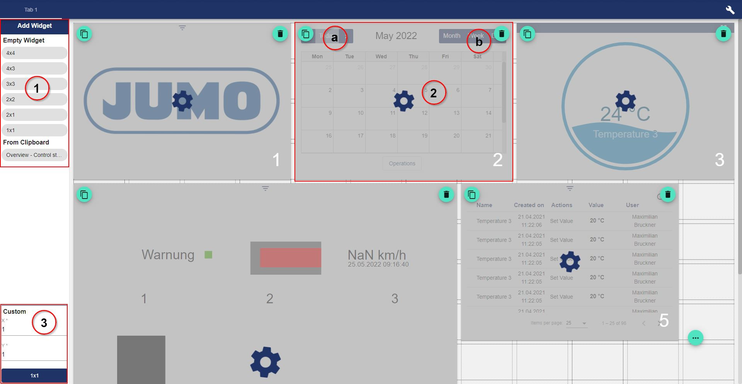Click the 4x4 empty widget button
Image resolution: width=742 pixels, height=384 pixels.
[x=34, y=53]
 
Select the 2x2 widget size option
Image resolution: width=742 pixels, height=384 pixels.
[x=34, y=99]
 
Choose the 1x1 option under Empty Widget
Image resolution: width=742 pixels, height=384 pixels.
[x=34, y=130]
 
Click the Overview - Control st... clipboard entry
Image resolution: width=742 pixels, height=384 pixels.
[x=34, y=155]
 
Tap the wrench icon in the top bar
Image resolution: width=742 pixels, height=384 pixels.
[x=730, y=10]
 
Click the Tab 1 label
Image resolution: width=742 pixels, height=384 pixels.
[x=31, y=10]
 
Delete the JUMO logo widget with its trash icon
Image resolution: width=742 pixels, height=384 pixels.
[x=280, y=34]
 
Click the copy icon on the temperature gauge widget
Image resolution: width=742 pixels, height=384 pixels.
[x=528, y=34]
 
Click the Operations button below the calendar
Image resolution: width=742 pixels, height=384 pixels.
[x=402, y=163]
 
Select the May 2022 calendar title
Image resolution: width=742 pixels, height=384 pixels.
[x=396, y=36]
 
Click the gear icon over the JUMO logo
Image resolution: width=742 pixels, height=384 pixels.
[x=182, y=101]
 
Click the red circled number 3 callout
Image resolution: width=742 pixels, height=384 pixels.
[x=44, y=323]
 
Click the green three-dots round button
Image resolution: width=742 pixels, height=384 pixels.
[x=696, y=338]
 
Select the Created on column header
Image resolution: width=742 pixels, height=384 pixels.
[x=529, y=205]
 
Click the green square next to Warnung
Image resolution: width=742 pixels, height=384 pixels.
[x=208, y=255]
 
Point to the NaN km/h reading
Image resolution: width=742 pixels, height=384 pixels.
[x=376, y=255]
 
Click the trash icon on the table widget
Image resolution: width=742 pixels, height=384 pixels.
[x=667, y=194]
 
